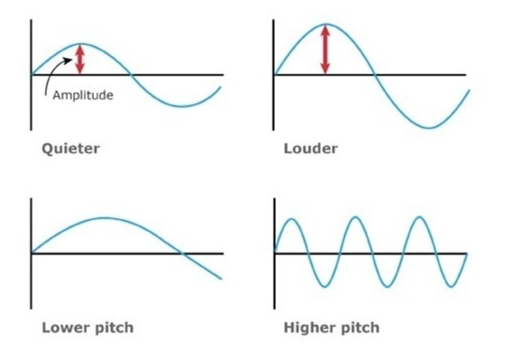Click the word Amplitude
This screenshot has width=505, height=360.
[82, 95]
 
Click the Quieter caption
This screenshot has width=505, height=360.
[70, 148]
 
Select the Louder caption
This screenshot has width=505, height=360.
[310, 148]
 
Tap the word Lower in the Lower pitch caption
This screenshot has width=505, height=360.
[62, 328]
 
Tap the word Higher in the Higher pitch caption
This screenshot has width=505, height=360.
[307, 328]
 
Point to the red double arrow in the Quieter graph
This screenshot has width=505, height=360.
[79, 59]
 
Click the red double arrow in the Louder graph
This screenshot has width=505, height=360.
[325, 49]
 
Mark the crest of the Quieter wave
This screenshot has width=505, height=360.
[82, 44]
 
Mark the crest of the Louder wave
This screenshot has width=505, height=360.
[325, 24]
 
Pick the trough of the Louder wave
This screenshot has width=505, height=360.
[429, 128]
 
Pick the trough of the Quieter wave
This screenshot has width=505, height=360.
[182, 106]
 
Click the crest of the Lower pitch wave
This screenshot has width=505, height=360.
[103, 218]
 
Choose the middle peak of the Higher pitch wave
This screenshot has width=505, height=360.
[355, 217]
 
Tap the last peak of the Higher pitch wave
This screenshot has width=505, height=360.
[419, 217]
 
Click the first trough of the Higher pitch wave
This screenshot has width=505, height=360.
[324, 287]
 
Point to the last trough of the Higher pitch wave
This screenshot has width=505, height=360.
[451, 287]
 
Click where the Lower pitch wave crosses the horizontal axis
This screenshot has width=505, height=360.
[181, 253]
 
